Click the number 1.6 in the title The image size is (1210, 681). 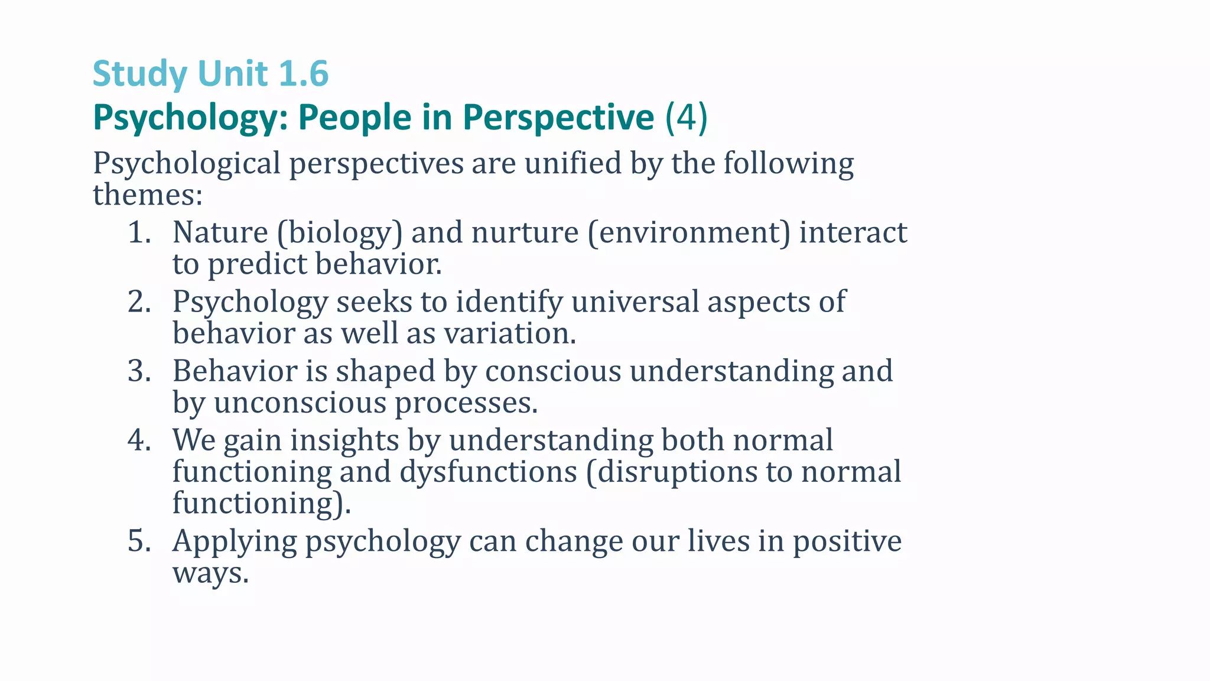point(302,74)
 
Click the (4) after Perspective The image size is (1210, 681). point(686,117)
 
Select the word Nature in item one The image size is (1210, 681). point(220,232)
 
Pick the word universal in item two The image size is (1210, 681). point(635,301)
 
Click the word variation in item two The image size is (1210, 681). point(509,333)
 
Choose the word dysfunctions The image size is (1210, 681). point(488,472)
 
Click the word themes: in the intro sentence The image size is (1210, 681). point(148,194)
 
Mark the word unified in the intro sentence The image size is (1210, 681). point(573,163)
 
